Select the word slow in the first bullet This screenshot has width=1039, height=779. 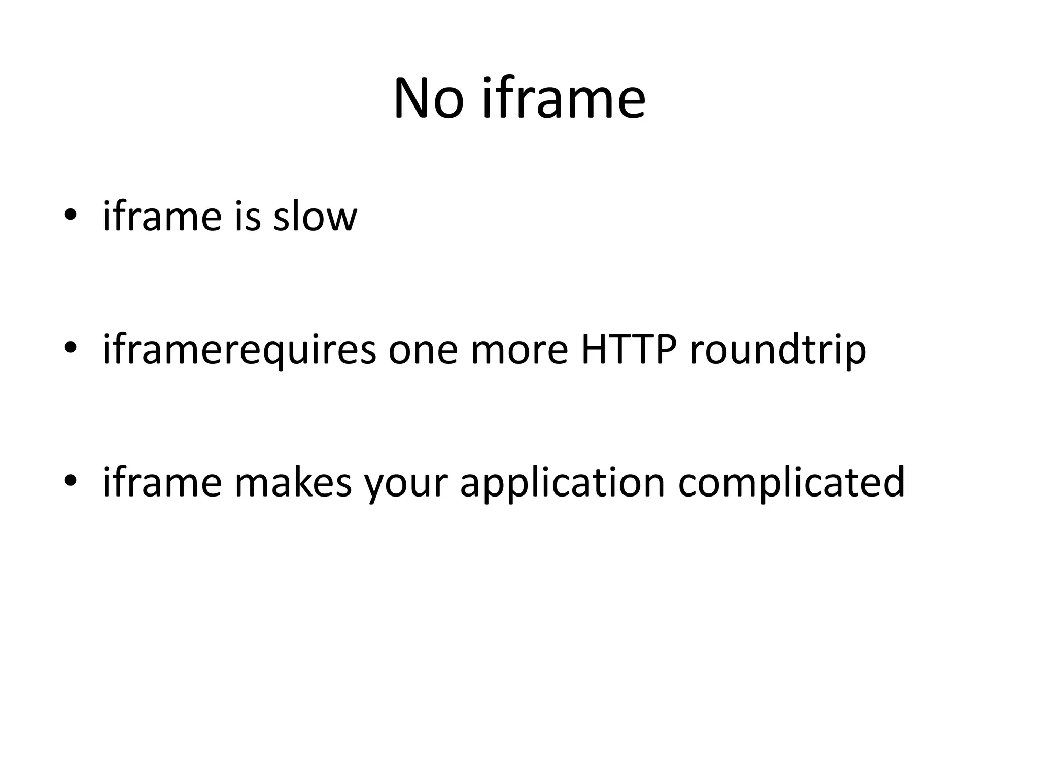click(315, 217)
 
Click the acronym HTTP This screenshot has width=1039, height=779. click(629, 350)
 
